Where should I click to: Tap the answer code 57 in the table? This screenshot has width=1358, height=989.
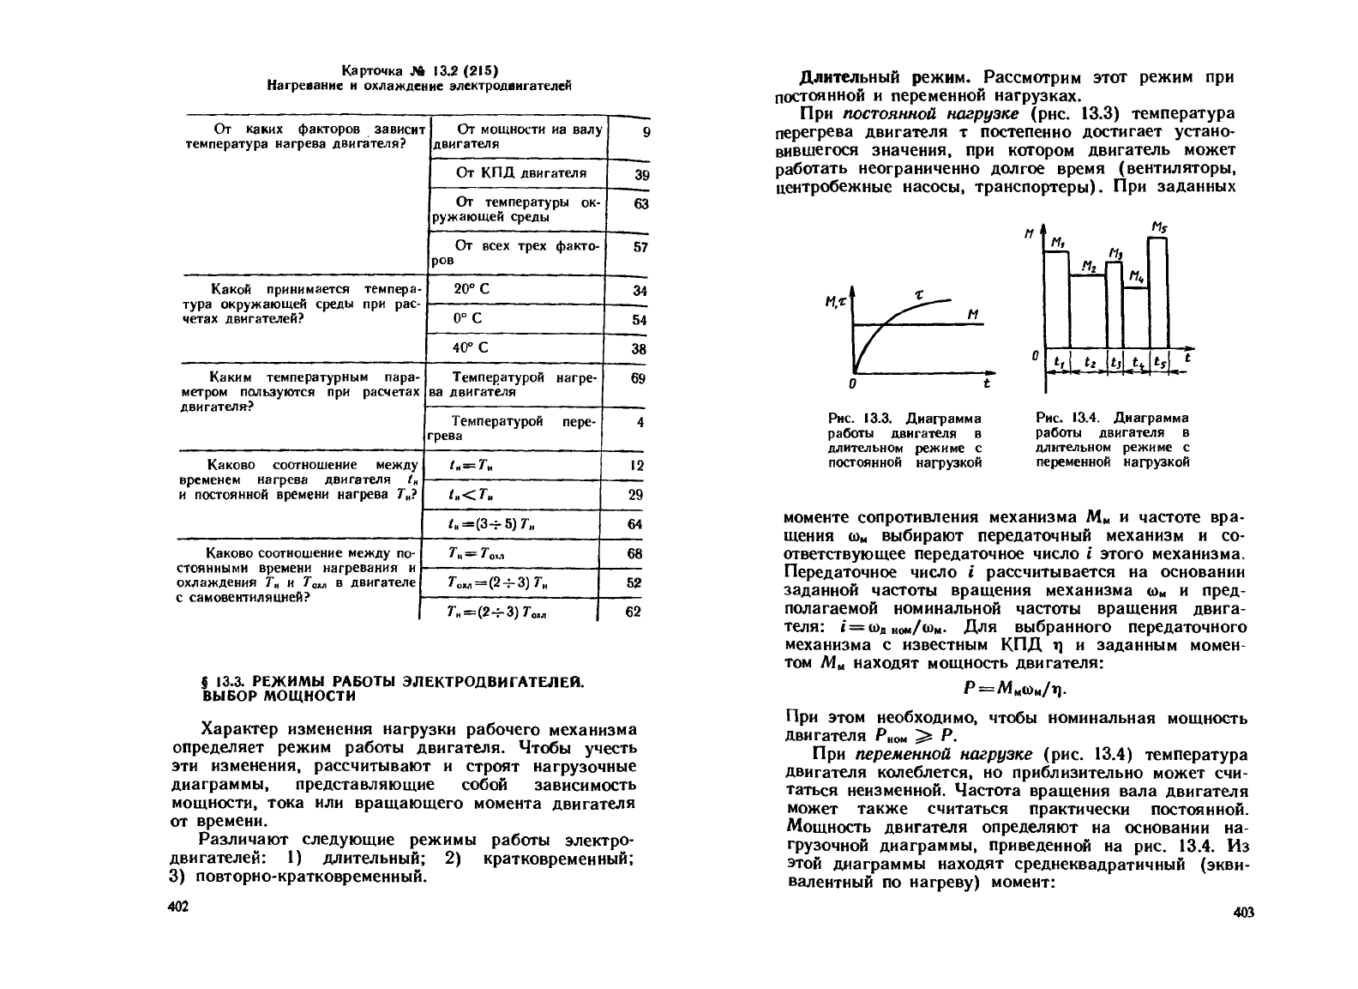click(x=639, y=247)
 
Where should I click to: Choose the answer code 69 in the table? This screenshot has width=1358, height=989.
click(x=637, y=377)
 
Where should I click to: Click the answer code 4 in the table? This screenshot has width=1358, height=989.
click(x=640, y=422)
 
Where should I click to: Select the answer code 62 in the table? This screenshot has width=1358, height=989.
click(x=634, y=612)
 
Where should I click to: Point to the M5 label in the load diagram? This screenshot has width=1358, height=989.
click(x=1158, y=227)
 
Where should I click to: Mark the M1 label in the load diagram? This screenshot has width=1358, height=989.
click(x=1058, y=243)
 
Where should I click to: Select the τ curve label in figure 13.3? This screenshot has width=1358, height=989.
click(x=918, y=294)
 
